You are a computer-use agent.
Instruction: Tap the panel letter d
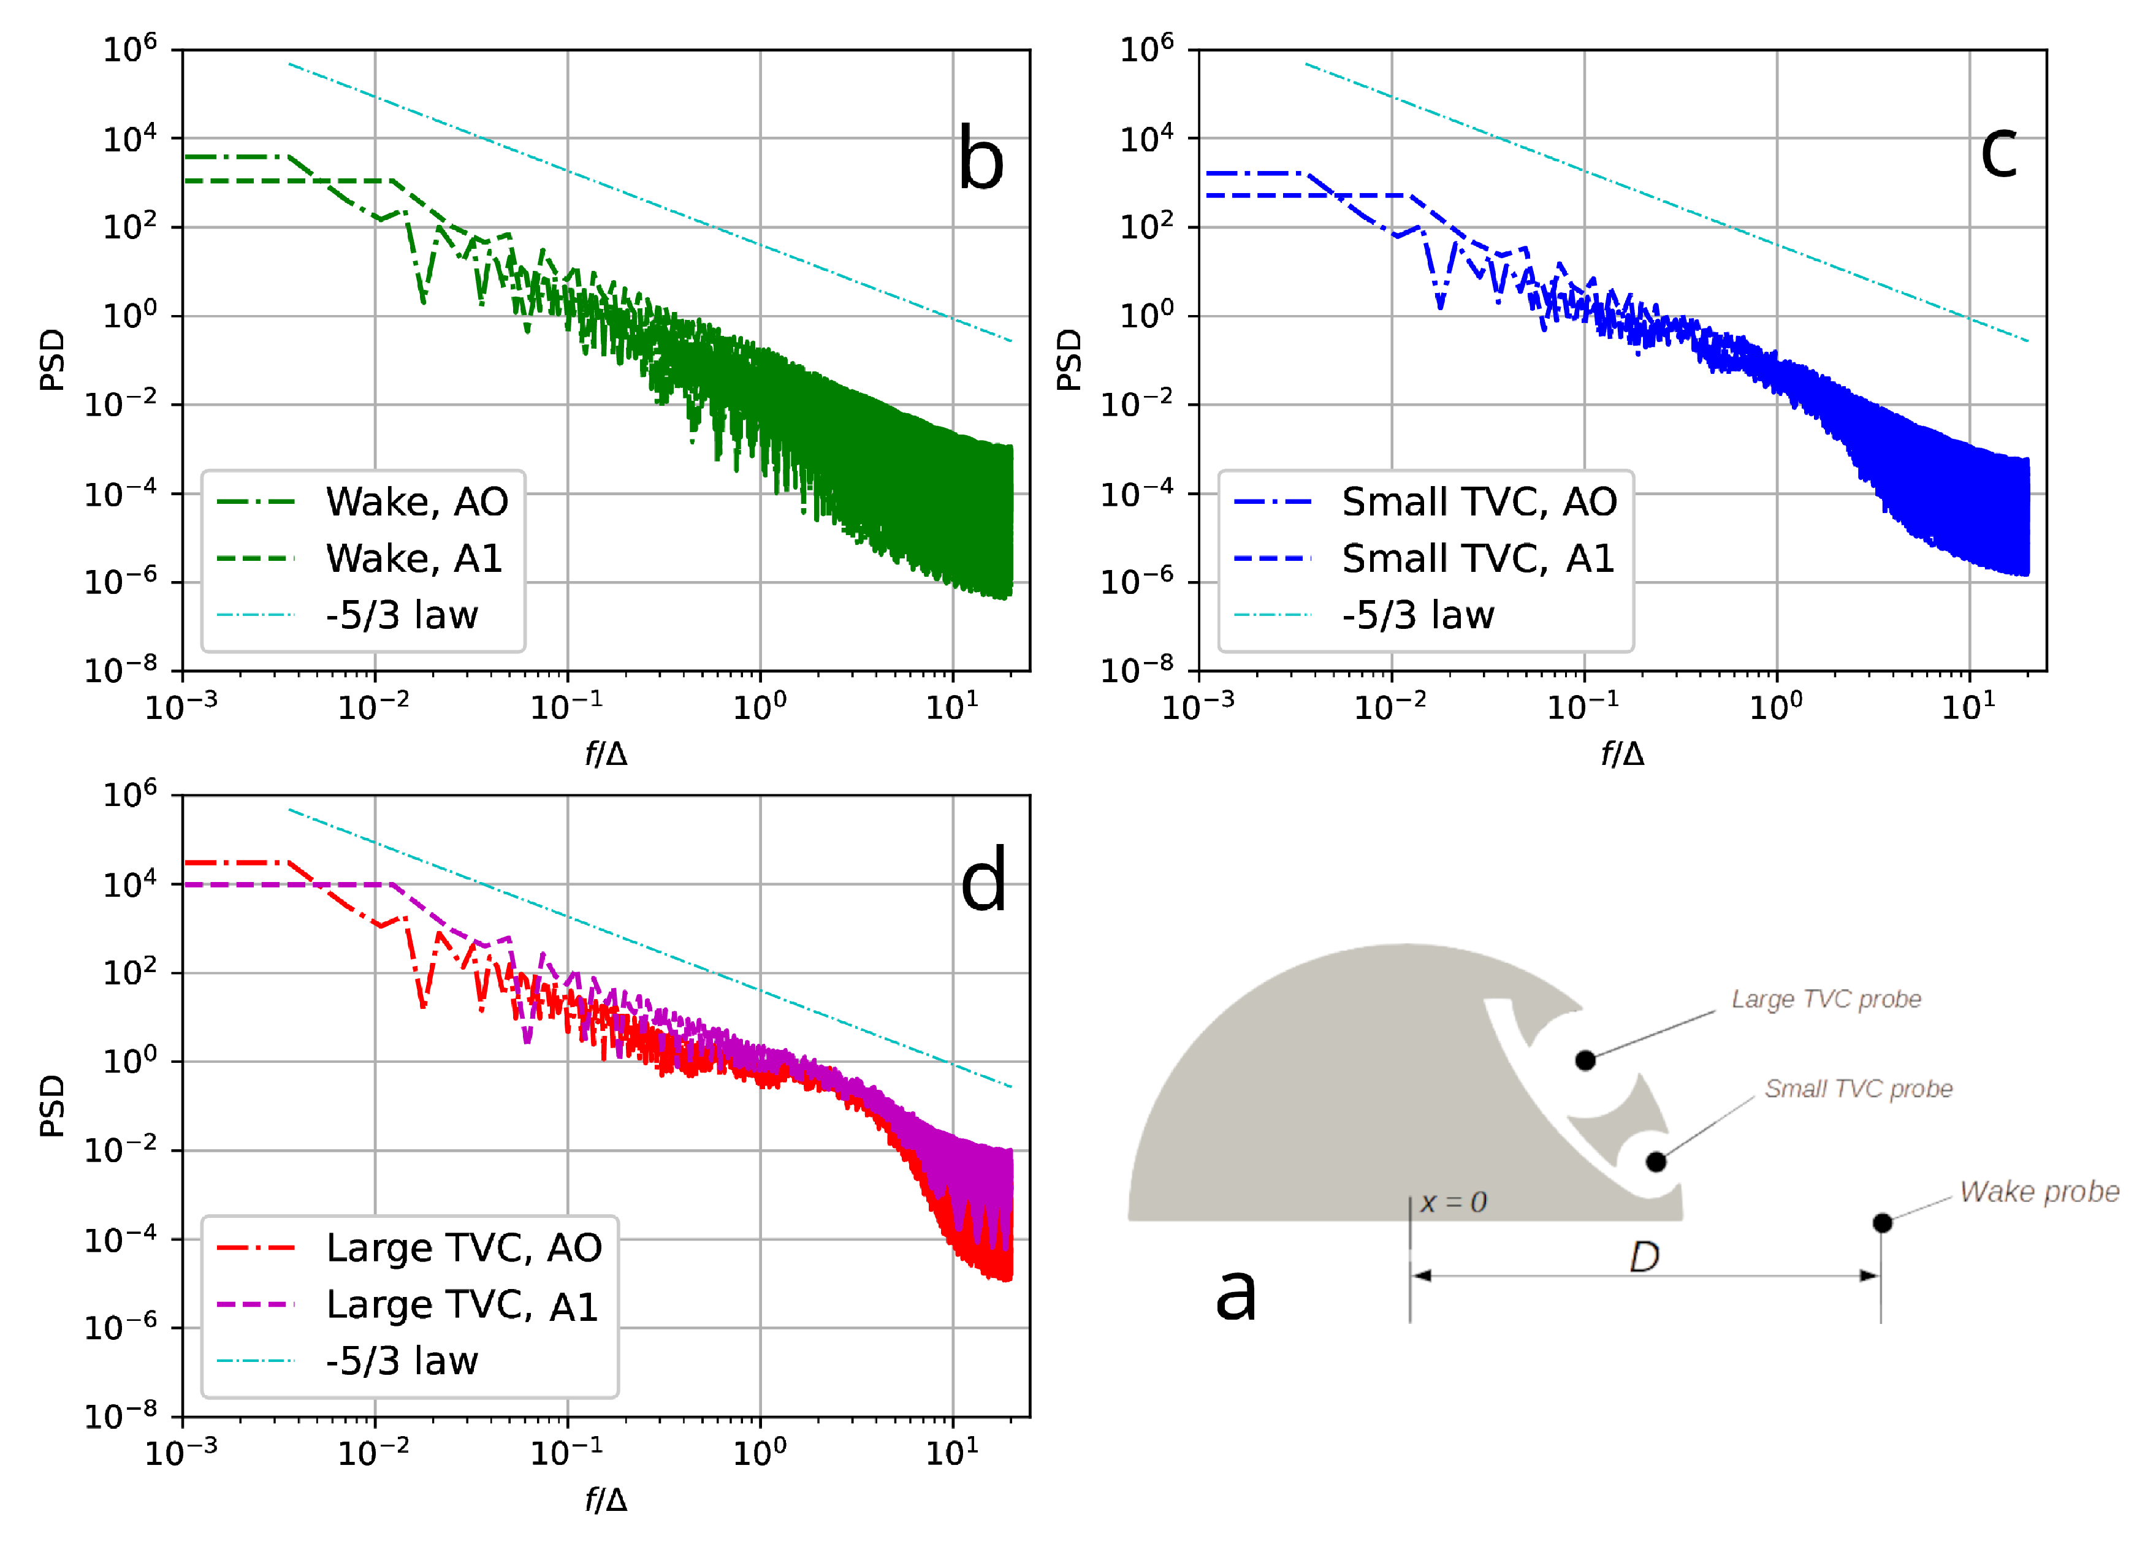click(983, 880)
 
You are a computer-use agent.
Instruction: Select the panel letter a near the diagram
click(1235, 1293)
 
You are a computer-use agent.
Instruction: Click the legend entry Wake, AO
click(416, 501)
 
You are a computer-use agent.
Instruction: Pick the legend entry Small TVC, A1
click(1477, 558)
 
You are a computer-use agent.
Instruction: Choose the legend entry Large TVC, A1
click(462, 1305)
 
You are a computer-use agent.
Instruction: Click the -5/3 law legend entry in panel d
click(402, 1361)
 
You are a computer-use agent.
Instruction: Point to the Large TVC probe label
click(1826, 999)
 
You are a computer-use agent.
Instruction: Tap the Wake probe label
click(2038, 1192)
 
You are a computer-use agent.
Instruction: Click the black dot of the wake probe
click(1882, 1223)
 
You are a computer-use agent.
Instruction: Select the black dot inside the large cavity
click(1585, 1060)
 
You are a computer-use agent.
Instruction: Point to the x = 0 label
click(1453, 1203)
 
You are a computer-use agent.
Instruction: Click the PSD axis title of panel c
click(1068, 359)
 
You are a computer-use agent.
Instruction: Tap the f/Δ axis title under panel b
click(605, 753)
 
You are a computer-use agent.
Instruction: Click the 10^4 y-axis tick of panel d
click(129, 883)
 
